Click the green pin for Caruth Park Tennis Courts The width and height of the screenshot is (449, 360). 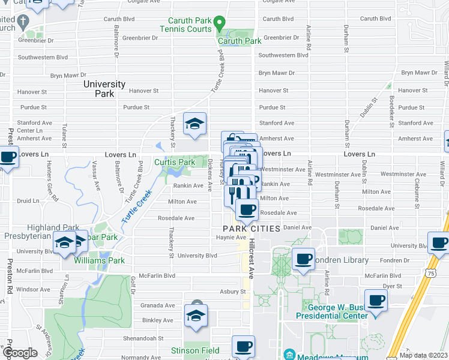tap(220, 25)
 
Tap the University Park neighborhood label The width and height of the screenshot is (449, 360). tap(104, 89)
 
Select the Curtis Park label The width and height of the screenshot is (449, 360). tap(175, 162)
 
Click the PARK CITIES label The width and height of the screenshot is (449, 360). tap(252, 229)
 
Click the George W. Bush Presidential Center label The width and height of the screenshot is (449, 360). tap(329, 311)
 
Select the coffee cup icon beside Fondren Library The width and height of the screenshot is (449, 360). tap(303, 259)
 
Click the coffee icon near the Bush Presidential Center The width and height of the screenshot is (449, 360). tap(376, 300)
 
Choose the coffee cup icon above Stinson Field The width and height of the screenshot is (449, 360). tap(243, 346)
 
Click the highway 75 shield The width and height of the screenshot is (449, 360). tap(431, 273)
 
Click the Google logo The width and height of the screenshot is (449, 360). tap(20, 353)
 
